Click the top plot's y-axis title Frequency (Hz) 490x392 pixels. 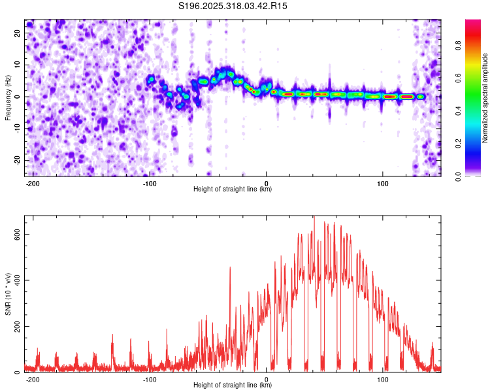point(8,97)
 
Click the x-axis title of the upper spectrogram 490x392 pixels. point(233,189)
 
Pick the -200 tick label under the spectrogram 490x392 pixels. point(33,183)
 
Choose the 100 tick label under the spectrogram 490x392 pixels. point(383,183)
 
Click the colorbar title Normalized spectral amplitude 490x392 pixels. point(485,98)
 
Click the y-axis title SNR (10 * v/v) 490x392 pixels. point(8,293)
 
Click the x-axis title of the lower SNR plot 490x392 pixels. point(233,385)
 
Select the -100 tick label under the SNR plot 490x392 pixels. point(150,379)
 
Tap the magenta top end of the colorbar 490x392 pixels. point(472,24)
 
